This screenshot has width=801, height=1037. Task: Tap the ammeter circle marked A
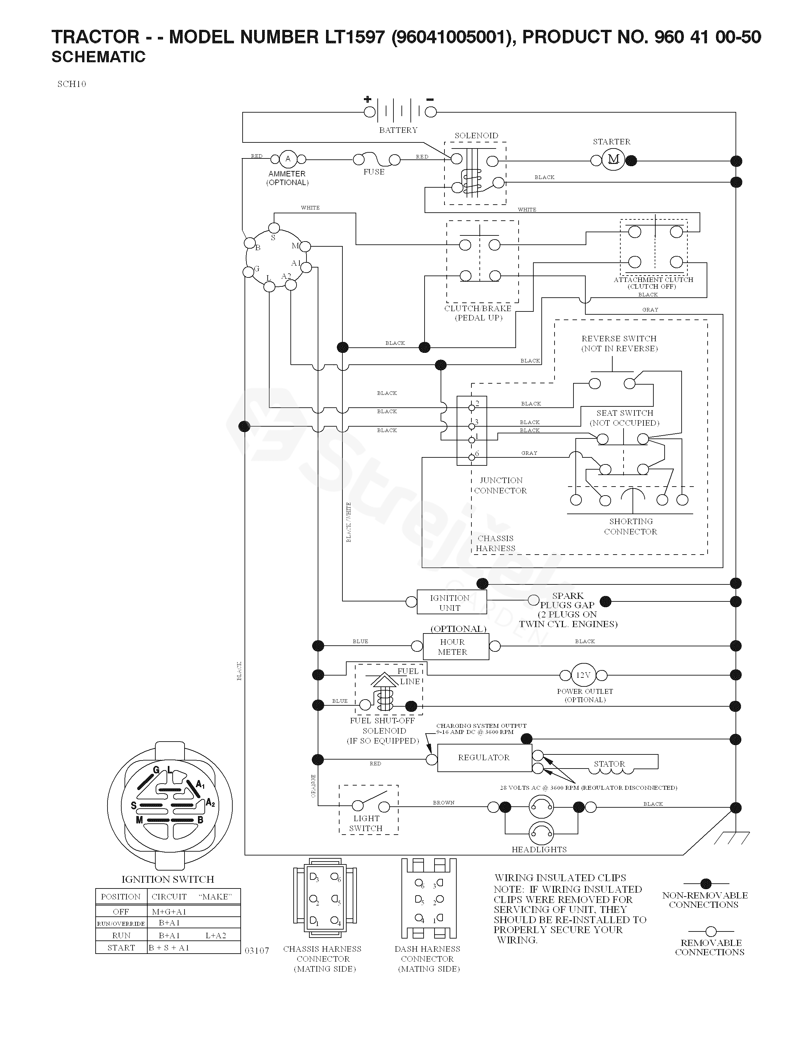288,159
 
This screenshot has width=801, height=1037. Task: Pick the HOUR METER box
456,647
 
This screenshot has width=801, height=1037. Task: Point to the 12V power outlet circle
583,675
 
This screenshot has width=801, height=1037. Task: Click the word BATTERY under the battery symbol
398,130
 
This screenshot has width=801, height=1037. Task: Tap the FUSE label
374,172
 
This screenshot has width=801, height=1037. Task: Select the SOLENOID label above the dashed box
476,136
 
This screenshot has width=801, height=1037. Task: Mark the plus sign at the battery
367,99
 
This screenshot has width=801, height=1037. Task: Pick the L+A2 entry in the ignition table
216,935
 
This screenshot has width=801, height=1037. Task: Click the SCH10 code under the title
72,84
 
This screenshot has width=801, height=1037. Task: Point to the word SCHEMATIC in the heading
98,57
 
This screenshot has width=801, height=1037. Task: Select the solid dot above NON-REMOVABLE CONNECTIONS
706,884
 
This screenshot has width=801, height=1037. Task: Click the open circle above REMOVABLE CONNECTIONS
711,931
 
